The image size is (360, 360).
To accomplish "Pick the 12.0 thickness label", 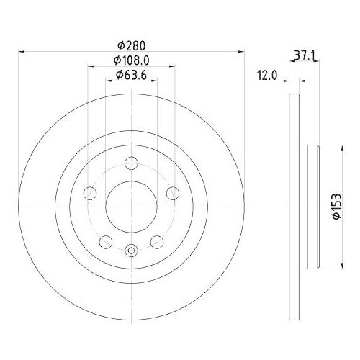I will pyautogui.click(x=269, y=74).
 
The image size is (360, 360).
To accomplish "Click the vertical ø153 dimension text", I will pyautogui.click(x=336, y=207).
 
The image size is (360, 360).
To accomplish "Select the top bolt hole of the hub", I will pyautogui.click(x=131, y=163).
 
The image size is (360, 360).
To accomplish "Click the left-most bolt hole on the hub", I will pyautogui.click(x=89, y=193).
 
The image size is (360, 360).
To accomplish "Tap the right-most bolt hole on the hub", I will pyautogui.click(x=173, y=193).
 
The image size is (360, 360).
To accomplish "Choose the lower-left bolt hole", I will pyautogui.click(x=105, y=241).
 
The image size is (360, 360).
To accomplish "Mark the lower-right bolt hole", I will pyautogui.click(x=157, y=241).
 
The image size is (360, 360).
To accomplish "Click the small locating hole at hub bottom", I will pyautogui.click(x=131, y=251).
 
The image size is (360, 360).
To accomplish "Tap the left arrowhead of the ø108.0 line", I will pyautogui.click(x=91, y=67).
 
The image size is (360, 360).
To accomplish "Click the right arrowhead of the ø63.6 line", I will pyautogui.click(x=154, y=81).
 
